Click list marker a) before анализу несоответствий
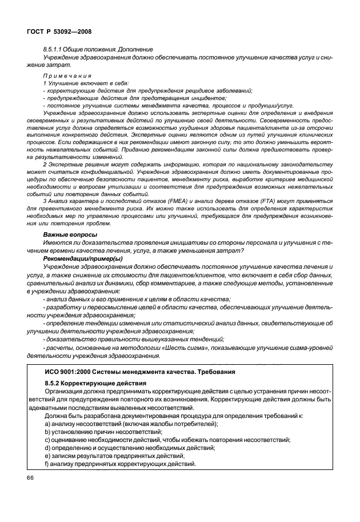point(47,424)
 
